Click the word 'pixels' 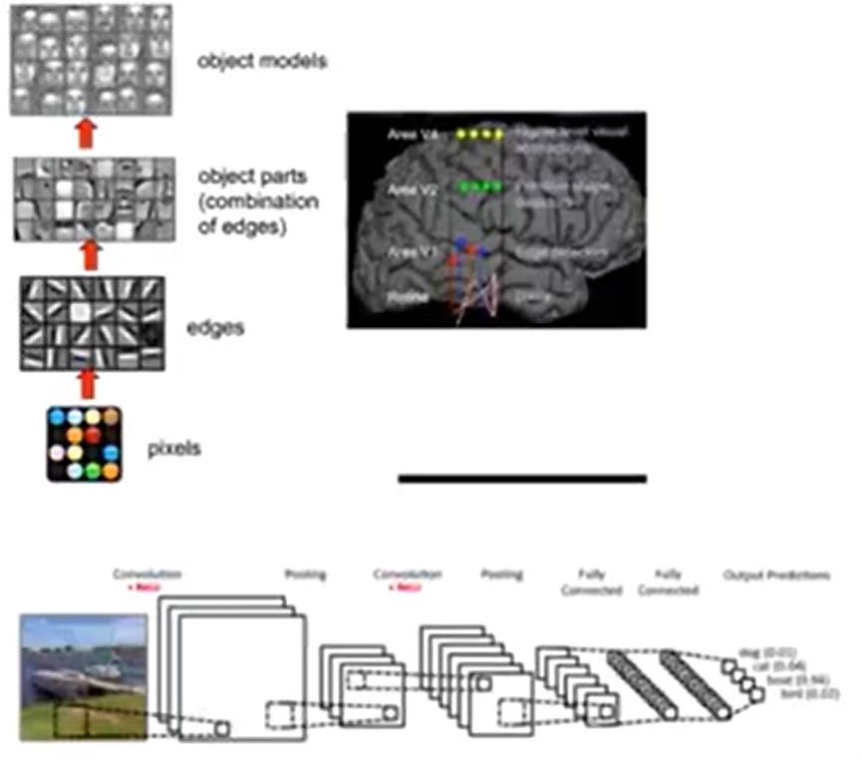pos(174,448)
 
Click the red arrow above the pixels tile pos(87,382)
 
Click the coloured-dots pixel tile pos(85,443)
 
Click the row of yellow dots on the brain pos(480,134)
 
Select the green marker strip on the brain pos(479,187)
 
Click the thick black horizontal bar pos(522,479)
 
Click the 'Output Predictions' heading pos(776,575)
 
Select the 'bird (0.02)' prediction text pos(806,692)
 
